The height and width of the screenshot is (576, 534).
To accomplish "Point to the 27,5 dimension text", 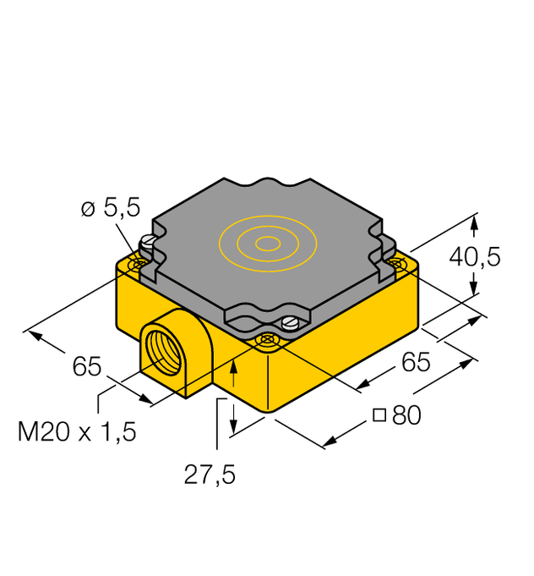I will tap(210, 475).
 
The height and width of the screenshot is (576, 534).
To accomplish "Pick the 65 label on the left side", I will tap(87, 367).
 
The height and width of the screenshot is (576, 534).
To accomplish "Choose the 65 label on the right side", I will tap(415, 362).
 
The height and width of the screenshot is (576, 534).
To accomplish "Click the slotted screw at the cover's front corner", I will tap(292, 321).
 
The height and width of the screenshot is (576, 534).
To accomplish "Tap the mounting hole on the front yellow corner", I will tap(269, 340).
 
